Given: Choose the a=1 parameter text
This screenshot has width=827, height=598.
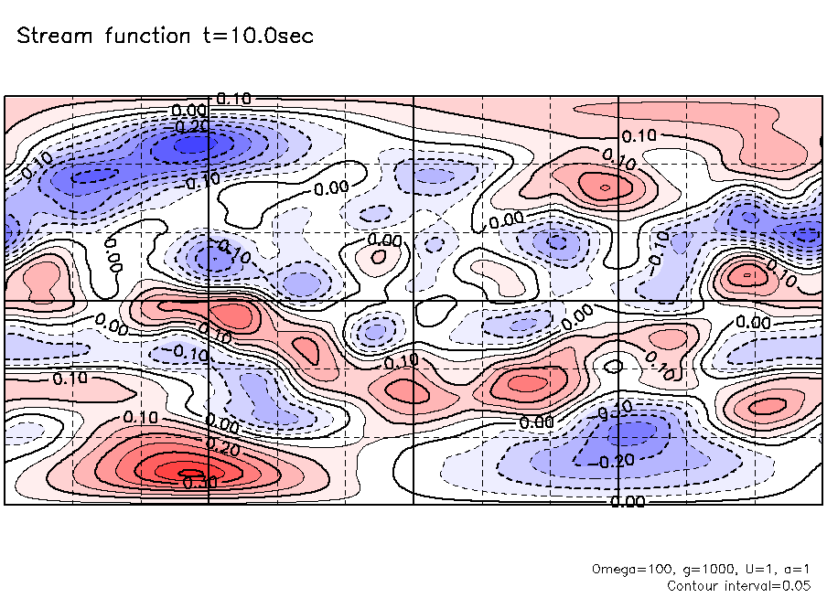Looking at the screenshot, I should (793, 568).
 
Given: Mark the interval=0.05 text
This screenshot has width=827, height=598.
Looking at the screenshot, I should (768, 585).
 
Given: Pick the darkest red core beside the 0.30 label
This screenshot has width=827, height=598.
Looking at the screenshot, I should (169, 471).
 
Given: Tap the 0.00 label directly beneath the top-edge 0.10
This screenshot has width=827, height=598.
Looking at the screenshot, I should (189, 112).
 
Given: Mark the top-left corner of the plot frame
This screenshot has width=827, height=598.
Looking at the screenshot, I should (5, 96).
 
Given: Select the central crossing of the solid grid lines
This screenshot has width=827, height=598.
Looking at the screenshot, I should (414, 301).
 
